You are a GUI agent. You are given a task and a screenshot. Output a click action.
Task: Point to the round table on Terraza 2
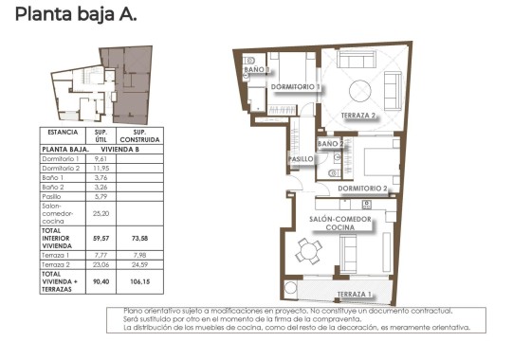coord(361,92)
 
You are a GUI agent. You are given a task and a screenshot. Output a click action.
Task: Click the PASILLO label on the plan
coord(302,160)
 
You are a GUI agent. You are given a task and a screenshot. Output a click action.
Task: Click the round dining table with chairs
coord(307,252)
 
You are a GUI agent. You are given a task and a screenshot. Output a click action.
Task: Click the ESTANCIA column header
coord(63,134)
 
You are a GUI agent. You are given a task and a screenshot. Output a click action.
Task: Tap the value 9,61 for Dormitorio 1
coord(100,158)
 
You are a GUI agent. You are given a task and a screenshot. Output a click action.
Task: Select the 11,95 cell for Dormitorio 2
coord(100,168)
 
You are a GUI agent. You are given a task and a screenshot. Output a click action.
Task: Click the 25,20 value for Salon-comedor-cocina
coord(100,214)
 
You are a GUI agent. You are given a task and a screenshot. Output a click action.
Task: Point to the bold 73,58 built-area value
coord(138,241)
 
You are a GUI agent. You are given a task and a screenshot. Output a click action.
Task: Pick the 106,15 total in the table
coord(138,280)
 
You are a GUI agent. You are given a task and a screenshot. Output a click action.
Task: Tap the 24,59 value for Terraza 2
coord(138,264)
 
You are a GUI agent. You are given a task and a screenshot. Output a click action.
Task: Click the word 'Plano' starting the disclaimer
coord(133,312)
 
